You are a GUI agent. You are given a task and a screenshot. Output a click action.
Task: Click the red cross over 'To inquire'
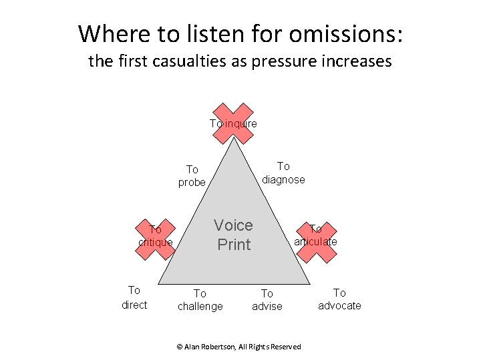(233, 123)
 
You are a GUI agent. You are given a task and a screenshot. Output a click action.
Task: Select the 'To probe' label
(192, 176)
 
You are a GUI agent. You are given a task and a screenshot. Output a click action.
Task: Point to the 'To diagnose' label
(283, 173)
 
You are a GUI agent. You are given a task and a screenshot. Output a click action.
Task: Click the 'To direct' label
(134, 297)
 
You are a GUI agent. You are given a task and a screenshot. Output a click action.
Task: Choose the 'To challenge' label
(200, 300)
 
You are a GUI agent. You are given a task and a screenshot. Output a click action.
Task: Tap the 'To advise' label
(267, 300)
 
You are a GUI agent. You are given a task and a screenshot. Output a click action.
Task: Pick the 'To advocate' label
(339, 299)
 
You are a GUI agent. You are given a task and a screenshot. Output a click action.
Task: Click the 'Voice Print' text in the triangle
(234, 235)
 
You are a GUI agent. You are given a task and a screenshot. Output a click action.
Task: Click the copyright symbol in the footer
(179, 347)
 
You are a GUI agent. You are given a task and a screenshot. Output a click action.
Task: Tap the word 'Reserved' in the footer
(285, 347)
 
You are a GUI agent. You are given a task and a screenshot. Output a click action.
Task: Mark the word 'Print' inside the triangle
(234, 245)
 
